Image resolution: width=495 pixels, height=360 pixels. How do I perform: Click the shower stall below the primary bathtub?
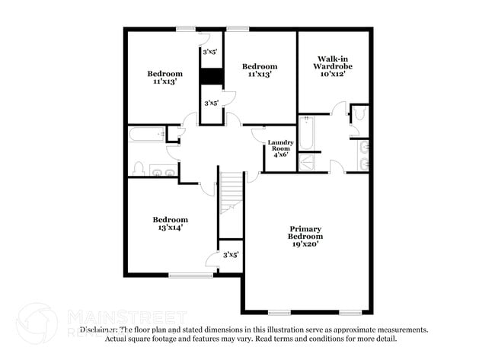pyautogui.click(x=309, y=162)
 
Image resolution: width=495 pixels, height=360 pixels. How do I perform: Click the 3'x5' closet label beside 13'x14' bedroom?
pyautogui.click(x=231, y=255)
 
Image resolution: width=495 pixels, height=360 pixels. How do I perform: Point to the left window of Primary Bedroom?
pyautogui.click(x=279, y=312)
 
